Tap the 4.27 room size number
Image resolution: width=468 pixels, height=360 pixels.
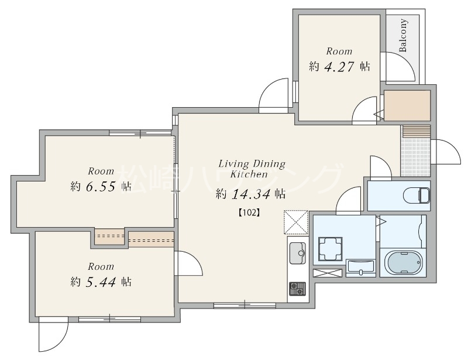(339, 66)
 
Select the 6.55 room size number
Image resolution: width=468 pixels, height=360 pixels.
(101, 187)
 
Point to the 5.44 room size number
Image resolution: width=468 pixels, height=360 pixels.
(101, 282)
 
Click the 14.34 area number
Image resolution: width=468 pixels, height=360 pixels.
(251, 194)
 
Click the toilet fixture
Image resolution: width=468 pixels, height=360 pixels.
(417, 196)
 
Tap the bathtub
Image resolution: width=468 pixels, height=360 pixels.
(403, 262)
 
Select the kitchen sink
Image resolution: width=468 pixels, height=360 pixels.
(298, 253)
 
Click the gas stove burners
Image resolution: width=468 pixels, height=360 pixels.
(297, 289)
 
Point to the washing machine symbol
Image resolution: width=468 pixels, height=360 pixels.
(330, 249)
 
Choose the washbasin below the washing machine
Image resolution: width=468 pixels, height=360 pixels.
(360, 268)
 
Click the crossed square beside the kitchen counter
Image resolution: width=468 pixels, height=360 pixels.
(296, 222)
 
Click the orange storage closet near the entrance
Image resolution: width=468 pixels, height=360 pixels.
(407, 106)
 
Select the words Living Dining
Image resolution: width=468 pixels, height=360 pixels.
(252, 164)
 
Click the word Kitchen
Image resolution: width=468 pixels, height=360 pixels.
(249, 174)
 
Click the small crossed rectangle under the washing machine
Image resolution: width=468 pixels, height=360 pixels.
(328, 273)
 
